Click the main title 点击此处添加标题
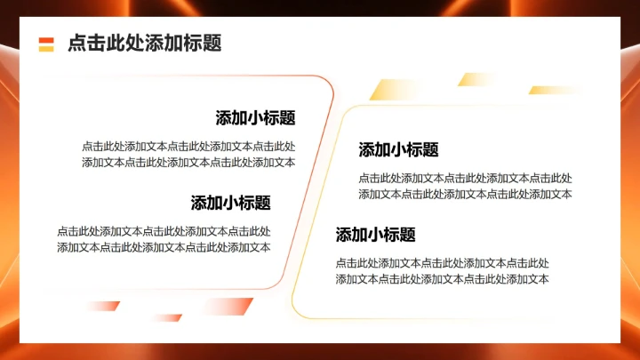pyautogui.click(x=144, y=43)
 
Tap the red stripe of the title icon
pyautogui.click(x=46, y=39)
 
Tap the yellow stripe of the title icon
pyautogui.click(x=46, y=48)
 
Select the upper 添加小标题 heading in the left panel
pyautogui.click(x=255, y=118)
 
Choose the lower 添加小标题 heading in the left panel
pyautogui.click(x=230, y=203)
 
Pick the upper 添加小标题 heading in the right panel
pyautogui.click(x=398, y=150)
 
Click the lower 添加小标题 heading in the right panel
pyautogui.click(x=375, y=236)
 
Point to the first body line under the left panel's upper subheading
pyautogui.click(x=188, y=147)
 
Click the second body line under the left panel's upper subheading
pyautogui.click(x=188, y=162)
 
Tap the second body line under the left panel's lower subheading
pyautogui.click(x=164, y=247)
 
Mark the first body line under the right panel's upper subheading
pyautogui.click(x=465, y=179)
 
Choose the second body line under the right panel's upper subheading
pyautogui.click(x=465, y=194)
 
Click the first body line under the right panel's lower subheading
pyautogui.click(x=442, y=263)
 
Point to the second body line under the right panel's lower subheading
pyautogui.click(x=442, y=278)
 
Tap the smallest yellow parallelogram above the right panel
pyautogui.click(x=476, y=79)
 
